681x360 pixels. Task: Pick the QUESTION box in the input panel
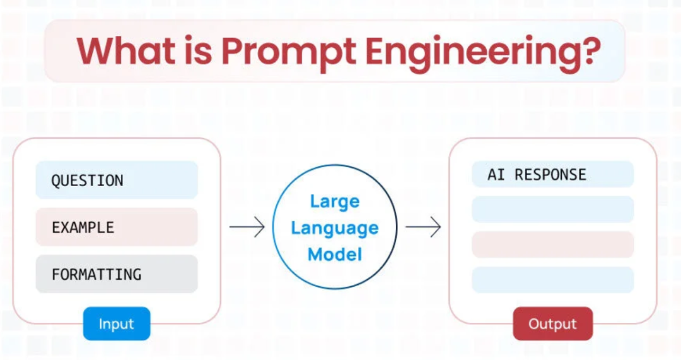coord(117,180)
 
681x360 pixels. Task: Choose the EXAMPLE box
coord(117,227)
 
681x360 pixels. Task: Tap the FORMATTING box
coord(117,274)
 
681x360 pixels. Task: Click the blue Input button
coord(116,324)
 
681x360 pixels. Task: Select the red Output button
coord(552,324)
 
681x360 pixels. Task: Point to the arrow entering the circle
coord(247,228)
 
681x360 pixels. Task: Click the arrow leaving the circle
coord(422,228)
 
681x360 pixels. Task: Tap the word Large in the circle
coord(334,202)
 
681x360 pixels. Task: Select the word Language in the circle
coord(334,228)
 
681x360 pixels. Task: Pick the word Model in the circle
coord(334,254)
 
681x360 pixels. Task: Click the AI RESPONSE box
coord(552,175)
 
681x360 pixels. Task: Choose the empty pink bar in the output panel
coord(552,245)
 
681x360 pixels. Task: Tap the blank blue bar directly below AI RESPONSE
coord(552,209)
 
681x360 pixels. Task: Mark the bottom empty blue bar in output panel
coord(552,279)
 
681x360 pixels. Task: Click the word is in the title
coord(201,50)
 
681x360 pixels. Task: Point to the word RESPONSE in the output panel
coord(550,175)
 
